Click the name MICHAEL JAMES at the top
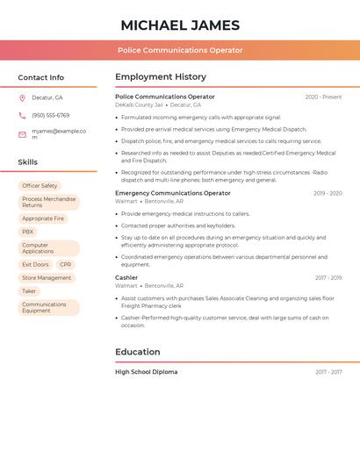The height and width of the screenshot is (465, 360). point(180,25)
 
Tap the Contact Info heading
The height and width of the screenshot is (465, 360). point(40,77)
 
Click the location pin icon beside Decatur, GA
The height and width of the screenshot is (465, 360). point(22,97)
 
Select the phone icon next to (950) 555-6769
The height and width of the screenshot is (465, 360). point(22,115)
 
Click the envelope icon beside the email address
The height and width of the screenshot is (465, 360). point(22,134)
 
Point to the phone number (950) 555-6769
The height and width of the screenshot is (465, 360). point(50,115)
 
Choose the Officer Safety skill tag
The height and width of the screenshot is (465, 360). point(40,186)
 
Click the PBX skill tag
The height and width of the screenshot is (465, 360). point(28,232)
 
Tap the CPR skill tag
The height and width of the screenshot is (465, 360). point(66,264)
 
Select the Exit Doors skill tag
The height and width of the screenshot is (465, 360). point(35,264)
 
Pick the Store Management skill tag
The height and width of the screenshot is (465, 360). point(47,277)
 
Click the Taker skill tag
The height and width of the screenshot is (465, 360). point(29,290)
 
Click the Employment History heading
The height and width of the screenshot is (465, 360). point(160,77)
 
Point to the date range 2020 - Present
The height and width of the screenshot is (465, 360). point(323,97)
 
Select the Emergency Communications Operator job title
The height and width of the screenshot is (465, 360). point(172,193)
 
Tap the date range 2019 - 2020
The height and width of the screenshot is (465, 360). point(328,193)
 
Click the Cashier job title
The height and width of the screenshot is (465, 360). point(126,277)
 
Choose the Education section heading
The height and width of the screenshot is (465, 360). point(137,352)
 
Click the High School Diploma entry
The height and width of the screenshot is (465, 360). point(146,372)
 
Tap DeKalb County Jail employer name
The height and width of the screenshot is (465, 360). point(139,105)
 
